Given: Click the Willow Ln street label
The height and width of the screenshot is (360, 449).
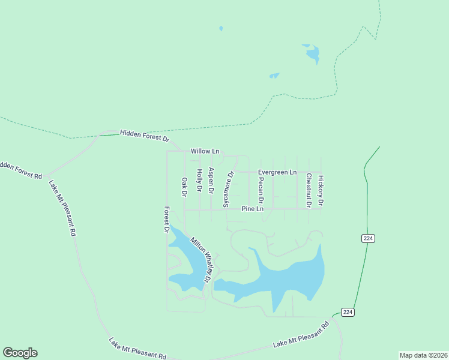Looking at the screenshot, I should (205, 151).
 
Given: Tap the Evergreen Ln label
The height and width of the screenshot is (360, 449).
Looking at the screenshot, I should (277, 172).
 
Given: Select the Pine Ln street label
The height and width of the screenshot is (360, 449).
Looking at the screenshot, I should (252, 209).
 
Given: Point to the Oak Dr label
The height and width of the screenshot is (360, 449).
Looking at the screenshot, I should (184, 187).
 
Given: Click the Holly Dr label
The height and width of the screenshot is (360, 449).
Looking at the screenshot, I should (199, 180).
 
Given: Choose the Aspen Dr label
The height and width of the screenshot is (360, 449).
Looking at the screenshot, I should (211, 180).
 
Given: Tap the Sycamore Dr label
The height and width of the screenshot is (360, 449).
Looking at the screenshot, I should (228, 189).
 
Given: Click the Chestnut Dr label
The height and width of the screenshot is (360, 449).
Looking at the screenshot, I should (308, 190).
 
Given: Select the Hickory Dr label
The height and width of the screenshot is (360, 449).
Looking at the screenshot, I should (321, 191).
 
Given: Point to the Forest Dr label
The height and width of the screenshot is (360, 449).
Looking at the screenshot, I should (167, 220).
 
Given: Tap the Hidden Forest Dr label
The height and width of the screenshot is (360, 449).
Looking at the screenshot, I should (145, 136).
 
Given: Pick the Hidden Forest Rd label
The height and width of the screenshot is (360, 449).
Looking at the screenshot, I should (20, 170).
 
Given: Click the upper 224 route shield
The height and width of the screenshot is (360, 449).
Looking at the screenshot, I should (369, 238).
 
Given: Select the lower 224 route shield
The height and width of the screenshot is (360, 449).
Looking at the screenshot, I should (348, 312).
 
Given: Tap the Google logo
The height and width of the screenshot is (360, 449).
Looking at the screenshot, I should (20, 353).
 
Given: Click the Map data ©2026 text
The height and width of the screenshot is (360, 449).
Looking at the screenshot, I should (423, 355).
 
